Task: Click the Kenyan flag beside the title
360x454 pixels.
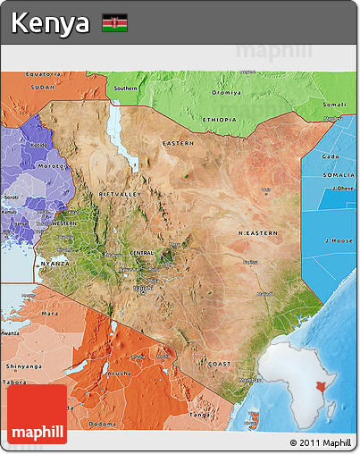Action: coord(114,22)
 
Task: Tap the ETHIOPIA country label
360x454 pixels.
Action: coord(220,119)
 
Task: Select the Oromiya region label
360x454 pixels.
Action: coord(226,93)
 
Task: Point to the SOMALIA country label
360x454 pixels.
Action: coord(337,174)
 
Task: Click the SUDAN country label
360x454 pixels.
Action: coord(43,88)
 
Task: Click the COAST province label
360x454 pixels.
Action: coord(220,364)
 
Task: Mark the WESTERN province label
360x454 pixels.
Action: coord(64,223)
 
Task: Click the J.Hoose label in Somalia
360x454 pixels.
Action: coord(339,240)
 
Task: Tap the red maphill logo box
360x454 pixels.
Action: coord(37,415)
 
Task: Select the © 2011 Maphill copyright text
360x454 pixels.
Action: coord(320,442)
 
